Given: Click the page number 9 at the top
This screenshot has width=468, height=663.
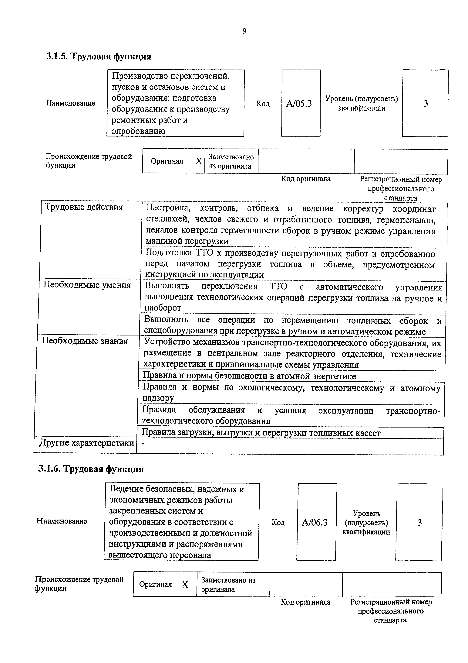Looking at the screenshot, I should pos(244,31).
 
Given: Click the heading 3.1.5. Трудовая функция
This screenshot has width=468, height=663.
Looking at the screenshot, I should pos(99,56).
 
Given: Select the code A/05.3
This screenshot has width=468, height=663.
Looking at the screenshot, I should pos(299,103).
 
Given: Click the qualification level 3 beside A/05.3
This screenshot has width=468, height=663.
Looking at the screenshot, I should pos(425,103).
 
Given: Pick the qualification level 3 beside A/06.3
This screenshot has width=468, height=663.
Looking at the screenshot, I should pos(419,522).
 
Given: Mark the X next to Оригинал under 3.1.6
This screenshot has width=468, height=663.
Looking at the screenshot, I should pos(185,584).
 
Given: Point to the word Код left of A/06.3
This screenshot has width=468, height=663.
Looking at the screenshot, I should pos(278,522).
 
